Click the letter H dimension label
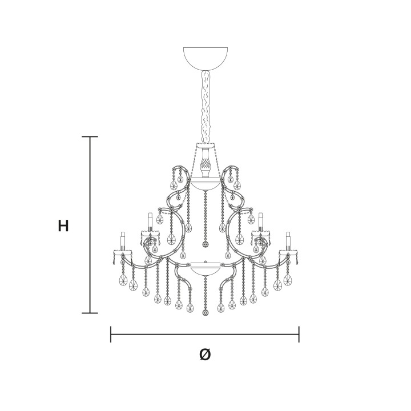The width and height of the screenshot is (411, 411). click(x=63, y=225)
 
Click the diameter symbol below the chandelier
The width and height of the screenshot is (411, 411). click(x=205, y=354)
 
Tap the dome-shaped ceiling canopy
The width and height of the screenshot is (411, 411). click(x=205, y=58)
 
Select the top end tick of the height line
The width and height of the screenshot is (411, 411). click(x=90, y=136)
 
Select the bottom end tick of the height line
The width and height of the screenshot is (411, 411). click(x=90, y=313)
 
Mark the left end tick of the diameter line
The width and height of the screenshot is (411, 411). click(x=111, y=334)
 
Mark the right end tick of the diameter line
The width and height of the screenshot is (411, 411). click(x=299, y=334)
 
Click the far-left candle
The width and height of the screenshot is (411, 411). click(x=122, y=241)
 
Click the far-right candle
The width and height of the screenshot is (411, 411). click(x=288, y=241)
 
